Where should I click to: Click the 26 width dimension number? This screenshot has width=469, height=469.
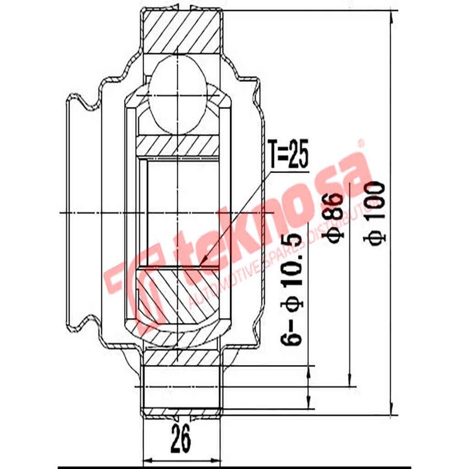click(181, 439)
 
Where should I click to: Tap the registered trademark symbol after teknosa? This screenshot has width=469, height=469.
click(361, 142)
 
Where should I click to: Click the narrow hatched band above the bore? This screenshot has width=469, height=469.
click(178, 144)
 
